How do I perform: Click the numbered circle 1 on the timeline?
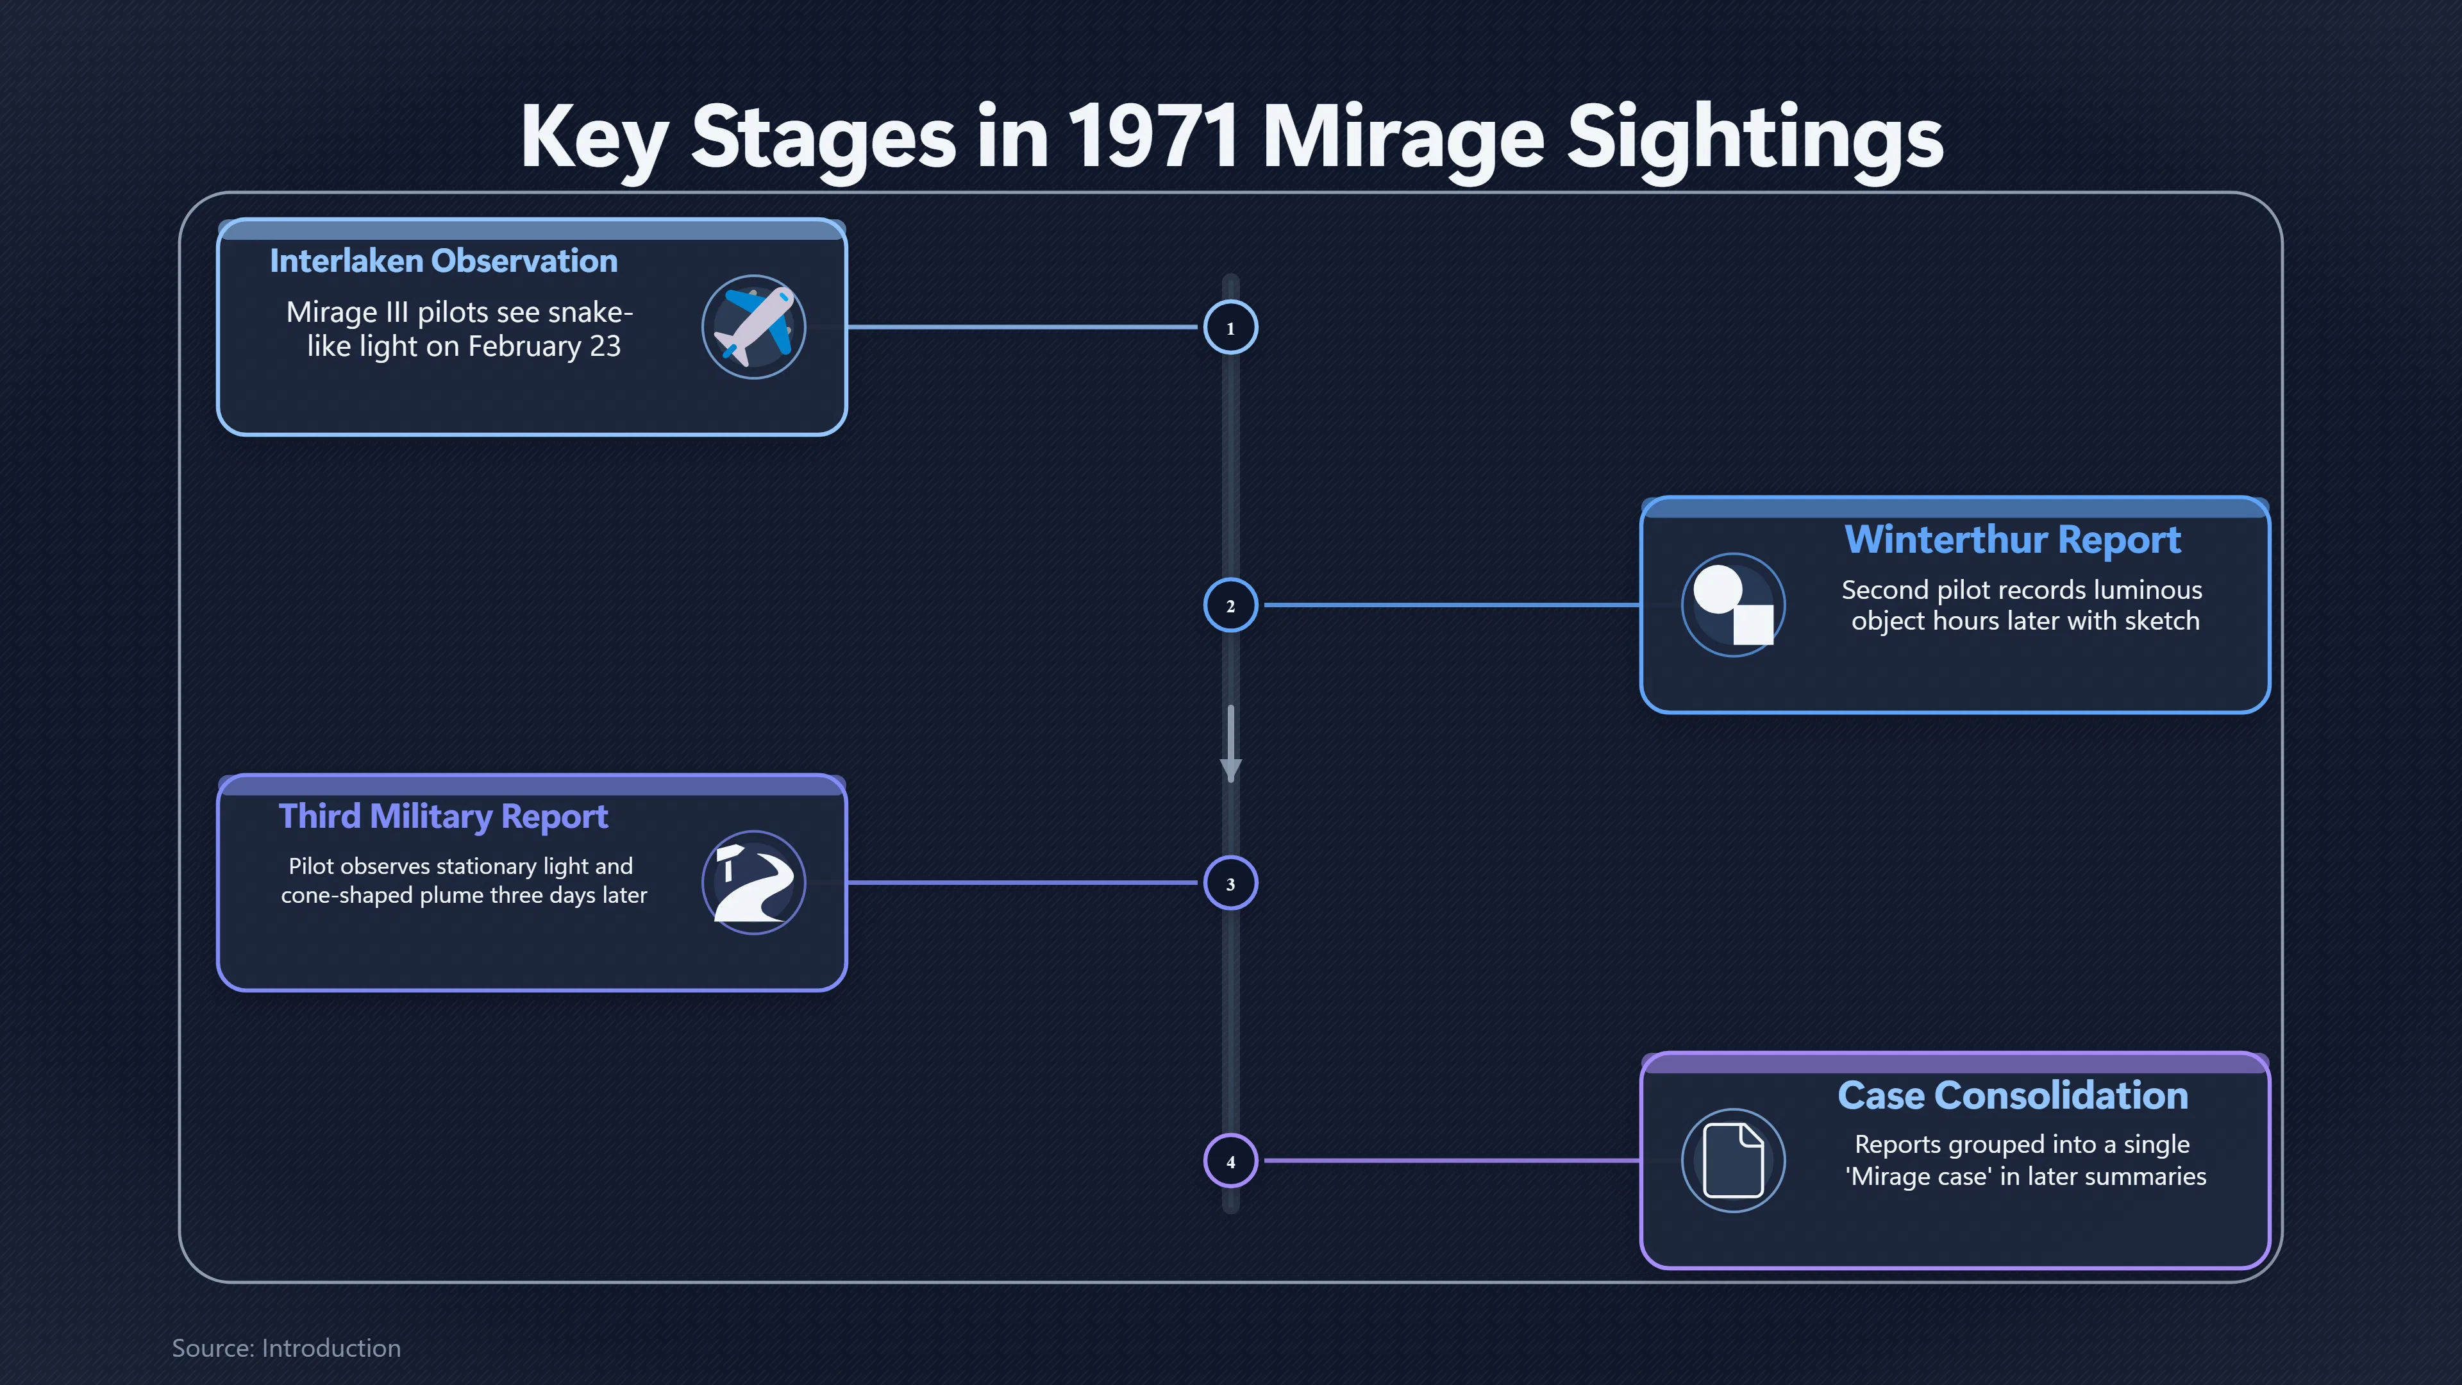pyautogui.click(x=1230, y=328)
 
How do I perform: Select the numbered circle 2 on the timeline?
pyautogui.click(x=1230, y=605)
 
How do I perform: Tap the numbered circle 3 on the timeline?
pyautogui.click(x=1230, y=883)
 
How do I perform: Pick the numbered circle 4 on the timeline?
pyautogui.click(x=1230, y=1161)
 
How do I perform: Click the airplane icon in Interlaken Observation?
pyautogui.click(x=754, y=327)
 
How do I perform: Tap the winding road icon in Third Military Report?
pyautogui.click(x=754, y=882)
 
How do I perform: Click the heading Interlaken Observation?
pyautogui.click(x=444, y=261)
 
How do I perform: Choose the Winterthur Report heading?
pyautogui.click(x=2013, y=540)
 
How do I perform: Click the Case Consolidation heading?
pyautogui.click(x=2013, y=1095)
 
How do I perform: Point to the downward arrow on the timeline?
pyautogui.click(x=1231, y=744)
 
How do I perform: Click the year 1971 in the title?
pyautogui.click(x=1153, y=137)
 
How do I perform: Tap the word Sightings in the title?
pyautogui.click(x=1755, y=140)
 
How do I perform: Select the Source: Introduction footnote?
pyautogui.click(x=287, y=1348)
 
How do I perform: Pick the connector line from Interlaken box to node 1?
pyautogui.click(x=1023, y=327)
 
